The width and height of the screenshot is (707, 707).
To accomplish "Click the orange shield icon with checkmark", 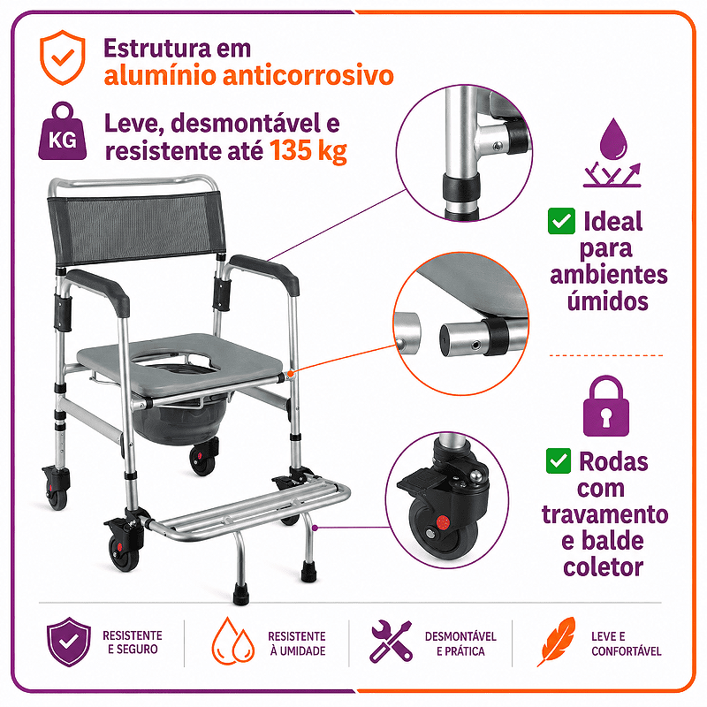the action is pos(62,57).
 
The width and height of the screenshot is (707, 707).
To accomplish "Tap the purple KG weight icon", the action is pos(62,131).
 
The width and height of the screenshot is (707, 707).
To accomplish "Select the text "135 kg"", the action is pos(308,150).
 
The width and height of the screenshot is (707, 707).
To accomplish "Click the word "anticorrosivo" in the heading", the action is pos(308,75).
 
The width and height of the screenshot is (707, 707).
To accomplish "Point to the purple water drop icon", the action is pos(613,138).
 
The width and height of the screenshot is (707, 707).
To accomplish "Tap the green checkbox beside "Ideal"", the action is pos(561,221).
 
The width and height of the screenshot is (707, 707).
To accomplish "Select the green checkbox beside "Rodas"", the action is pos(559,460).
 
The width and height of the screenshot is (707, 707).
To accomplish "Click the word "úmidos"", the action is pos(608,300).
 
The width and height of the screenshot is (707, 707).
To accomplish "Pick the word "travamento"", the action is pos(604,514).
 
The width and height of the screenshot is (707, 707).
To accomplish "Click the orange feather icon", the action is pos(557,642).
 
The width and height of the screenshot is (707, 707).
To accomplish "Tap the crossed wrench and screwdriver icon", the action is pos(391,642).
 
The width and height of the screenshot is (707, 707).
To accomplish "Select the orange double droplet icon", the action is pos(233,642).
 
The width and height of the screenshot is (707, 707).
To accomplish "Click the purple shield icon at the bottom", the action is pos(69,642).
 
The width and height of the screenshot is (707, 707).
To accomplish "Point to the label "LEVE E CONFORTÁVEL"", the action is pos(626,643).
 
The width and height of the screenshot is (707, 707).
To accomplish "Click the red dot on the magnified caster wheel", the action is pos(443,523).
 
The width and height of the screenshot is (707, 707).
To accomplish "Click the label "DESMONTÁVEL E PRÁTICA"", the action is pos(460,643).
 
